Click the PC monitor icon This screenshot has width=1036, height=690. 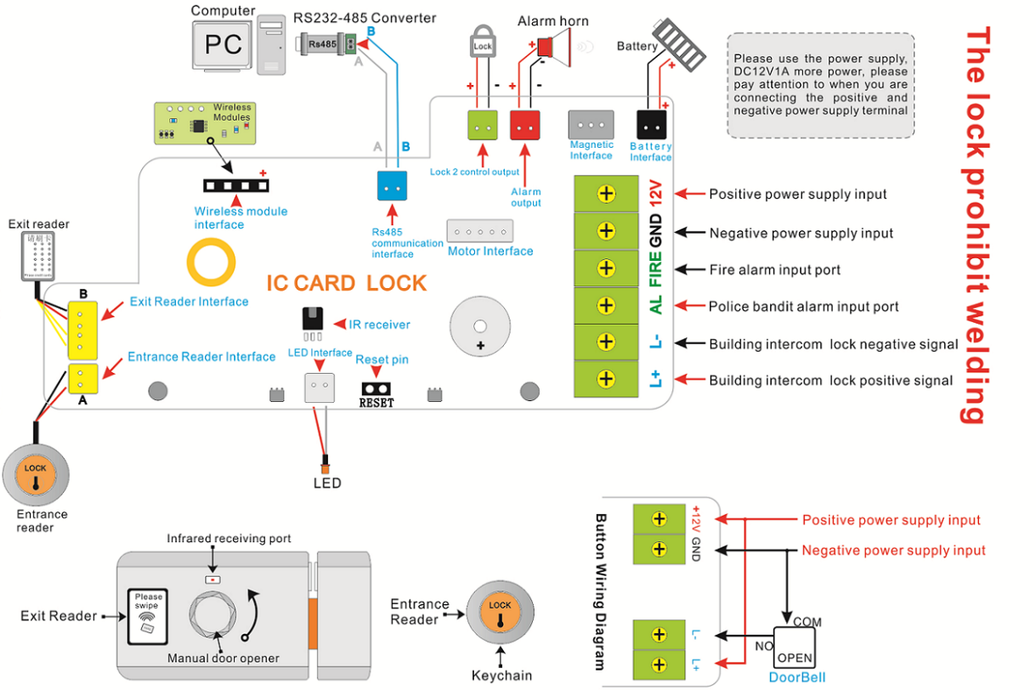pyautogui.click(x=224, y=44)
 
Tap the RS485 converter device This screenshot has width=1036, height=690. pyautogui.click(x=326, y=43)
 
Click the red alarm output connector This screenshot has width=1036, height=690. pyautogui.click(x=525, y=126)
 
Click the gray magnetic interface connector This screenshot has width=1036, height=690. pyautogui.click(x=591, y=125)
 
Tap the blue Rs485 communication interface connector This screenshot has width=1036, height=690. pyautogui.click(x=393, y=186)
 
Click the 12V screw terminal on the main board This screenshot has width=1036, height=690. pyautogui.click(x=606, y=194)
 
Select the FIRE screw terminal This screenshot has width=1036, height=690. pyautogui.click(x=606, y=269)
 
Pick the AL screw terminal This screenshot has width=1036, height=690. pyautogui.click(x=606, y=305)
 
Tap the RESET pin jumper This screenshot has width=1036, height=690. pyautogui.click(x=376, y=387)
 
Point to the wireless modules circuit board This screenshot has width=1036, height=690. pyautogui.click(x=204, y=122)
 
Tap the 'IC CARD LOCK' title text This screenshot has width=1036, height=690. pyautogui.click(x=346, y=283)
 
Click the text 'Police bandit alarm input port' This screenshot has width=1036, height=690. pyautogui.click(x=804, y=307)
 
